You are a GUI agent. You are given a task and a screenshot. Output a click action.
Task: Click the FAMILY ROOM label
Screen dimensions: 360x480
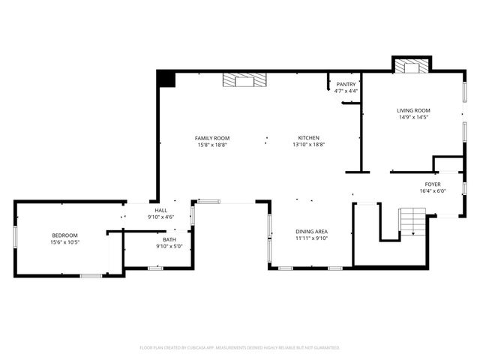[x=212, y=138]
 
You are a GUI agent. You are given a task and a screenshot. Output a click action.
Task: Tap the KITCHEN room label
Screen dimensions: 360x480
[x=309, y=138]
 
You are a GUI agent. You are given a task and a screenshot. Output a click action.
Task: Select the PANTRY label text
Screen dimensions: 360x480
[x=346, y=84]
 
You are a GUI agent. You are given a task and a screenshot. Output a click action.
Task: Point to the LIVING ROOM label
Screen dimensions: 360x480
[x=413, y=110]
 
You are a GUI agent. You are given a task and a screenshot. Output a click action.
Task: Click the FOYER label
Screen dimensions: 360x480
[x=433, y=184]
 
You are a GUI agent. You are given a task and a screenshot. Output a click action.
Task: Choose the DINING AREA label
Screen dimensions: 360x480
[x=311, y=231]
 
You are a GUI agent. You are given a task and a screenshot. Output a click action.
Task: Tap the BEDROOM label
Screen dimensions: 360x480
[x=64, y=235]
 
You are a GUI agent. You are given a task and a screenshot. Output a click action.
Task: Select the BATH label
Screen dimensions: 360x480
[x=169, y=239]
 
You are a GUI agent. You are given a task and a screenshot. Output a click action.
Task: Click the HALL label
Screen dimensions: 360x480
[x=161, y=211]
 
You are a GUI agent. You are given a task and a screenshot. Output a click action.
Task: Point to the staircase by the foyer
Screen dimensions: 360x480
[x=412, y=222]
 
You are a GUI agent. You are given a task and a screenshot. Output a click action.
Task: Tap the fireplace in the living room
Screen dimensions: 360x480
[x=411, y=67]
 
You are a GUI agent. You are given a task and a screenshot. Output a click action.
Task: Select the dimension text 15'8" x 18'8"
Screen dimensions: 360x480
[x=212, y=145]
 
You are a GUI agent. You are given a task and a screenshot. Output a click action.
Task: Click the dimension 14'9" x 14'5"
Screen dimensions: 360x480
[x=413, y=118]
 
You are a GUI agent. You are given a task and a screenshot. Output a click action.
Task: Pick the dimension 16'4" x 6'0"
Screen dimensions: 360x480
[x=433, y=191]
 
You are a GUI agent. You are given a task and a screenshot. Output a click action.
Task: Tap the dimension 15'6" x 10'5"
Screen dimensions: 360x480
[x=64, y=243]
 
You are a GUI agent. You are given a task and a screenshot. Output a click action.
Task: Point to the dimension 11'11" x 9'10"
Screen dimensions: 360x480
[x=311, y=238]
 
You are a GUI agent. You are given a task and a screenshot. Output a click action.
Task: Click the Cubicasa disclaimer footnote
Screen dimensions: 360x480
[x=240, y=348]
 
